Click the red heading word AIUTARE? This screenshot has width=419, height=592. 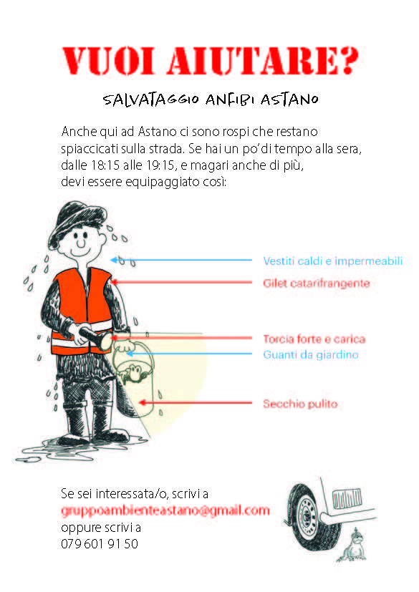[x=263, y=60]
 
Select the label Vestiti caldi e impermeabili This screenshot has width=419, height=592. [x=333, y=261]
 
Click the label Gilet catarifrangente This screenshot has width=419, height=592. [x=317, y=283]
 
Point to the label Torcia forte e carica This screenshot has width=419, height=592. [x=314, y=339]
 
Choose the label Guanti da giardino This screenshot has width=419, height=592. [x=311, y=354]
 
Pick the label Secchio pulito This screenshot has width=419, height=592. [x=300, y=404]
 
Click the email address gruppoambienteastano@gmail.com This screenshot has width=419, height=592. [x=165, y=510]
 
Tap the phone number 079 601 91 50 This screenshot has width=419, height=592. [x=100, y=543]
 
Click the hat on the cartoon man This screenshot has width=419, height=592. [x=78, y=222]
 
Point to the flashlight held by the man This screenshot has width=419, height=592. [x=95, y=337]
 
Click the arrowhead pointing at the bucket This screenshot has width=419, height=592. [x=142, y=403]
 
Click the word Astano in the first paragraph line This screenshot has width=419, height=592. [x=157, y=132]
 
